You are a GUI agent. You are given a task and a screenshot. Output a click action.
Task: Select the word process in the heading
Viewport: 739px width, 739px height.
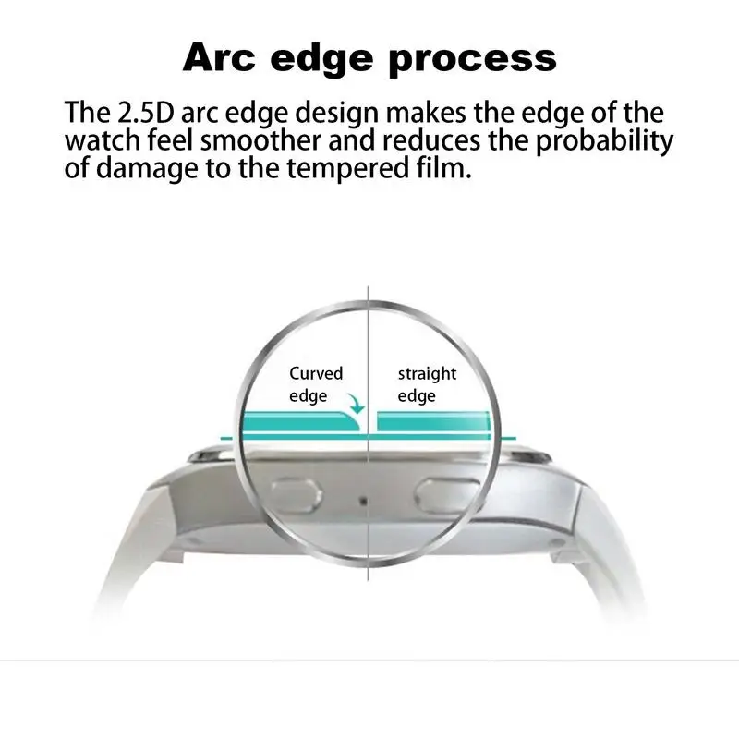482,57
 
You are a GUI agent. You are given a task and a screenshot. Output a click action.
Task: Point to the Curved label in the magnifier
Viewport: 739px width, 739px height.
316,374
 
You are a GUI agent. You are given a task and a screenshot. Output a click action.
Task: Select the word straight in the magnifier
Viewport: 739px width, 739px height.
427,374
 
